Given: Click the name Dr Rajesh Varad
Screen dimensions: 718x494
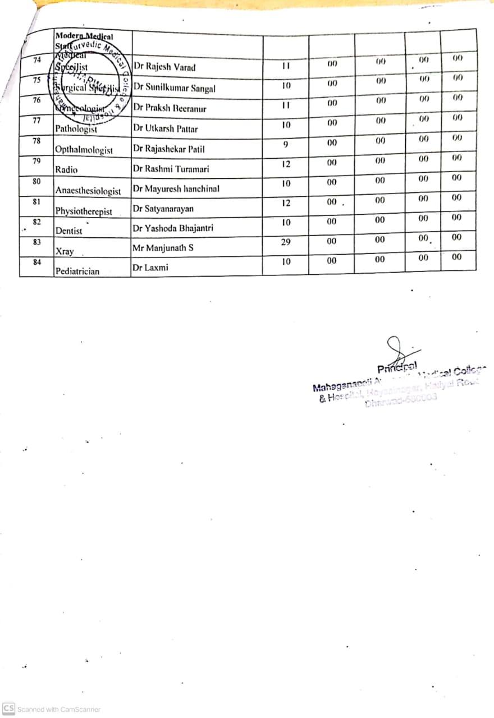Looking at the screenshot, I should (x=164, y=67).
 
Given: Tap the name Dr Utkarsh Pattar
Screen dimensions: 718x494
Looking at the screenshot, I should (x=165, y=128).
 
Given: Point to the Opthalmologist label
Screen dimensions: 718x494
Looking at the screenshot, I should (x=84, y=150).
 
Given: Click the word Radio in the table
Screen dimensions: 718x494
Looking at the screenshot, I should (x=66, y=169).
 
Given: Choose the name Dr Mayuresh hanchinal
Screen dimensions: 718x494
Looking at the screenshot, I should (x=176, y=189).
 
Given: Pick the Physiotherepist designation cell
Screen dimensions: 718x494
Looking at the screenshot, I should (x=84, y=211).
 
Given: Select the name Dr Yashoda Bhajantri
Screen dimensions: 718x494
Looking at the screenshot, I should (x=173, y=228).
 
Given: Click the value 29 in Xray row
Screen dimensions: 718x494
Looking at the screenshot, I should (x=286, y=242).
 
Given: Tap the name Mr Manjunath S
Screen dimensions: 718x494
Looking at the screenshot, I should (x=163, y=247).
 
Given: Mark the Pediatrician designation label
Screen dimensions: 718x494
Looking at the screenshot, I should (x=77, y=271).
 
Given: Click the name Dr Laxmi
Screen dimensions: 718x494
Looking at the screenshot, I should (x=150, y=268).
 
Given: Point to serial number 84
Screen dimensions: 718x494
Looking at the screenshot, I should (x=36, y=261).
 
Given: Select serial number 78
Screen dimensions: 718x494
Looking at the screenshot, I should (x=36, y=140).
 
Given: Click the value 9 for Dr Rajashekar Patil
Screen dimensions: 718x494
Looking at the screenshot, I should (x=286, y=145).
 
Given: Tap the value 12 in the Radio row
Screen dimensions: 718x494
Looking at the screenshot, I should (x=286, y=164).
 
